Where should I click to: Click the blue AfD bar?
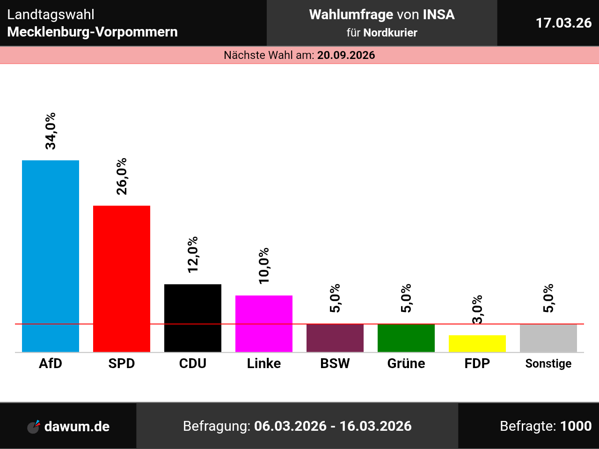tap(51, 256)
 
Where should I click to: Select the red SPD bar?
tap(122, 279)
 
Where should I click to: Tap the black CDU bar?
tap(193, 318)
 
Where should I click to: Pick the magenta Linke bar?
tap(264, 324)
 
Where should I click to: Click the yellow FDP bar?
tap(477, 344)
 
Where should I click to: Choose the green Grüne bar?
tap(406, 338)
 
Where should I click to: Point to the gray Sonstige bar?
tap(548, 338)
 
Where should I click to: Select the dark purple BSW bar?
tap(335, 338)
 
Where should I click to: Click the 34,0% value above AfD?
tap(51, 131)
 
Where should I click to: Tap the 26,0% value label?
tap(122, 176)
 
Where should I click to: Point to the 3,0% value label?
tap(477, 309)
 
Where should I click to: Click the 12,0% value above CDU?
tap(193, 255)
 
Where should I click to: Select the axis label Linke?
tap(264, 363)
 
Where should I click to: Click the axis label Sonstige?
tap(548, 363)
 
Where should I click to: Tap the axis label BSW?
tap(335, 363)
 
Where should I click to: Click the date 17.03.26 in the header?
tap(563, 23)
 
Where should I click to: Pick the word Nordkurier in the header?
tap(390, 33)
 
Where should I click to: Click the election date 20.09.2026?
tap(346, 55)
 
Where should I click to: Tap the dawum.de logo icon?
tap(34, 427)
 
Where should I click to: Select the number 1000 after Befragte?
tap(576, 426)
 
